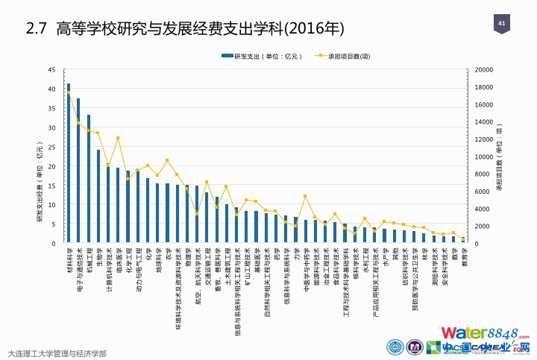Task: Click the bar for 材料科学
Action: pos(69,164)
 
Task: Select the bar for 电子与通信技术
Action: pos(78,171)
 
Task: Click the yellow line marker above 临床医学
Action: pos(118,138)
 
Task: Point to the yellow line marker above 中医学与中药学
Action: pos(305,196)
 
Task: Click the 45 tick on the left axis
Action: pos(51,70)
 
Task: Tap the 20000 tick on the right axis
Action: pos(483,70)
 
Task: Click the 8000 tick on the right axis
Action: pos(481,174)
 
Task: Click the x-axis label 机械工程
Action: pos(89,260)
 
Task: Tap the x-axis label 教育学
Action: pos(463,257)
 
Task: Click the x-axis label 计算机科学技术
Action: pos(109,270)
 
